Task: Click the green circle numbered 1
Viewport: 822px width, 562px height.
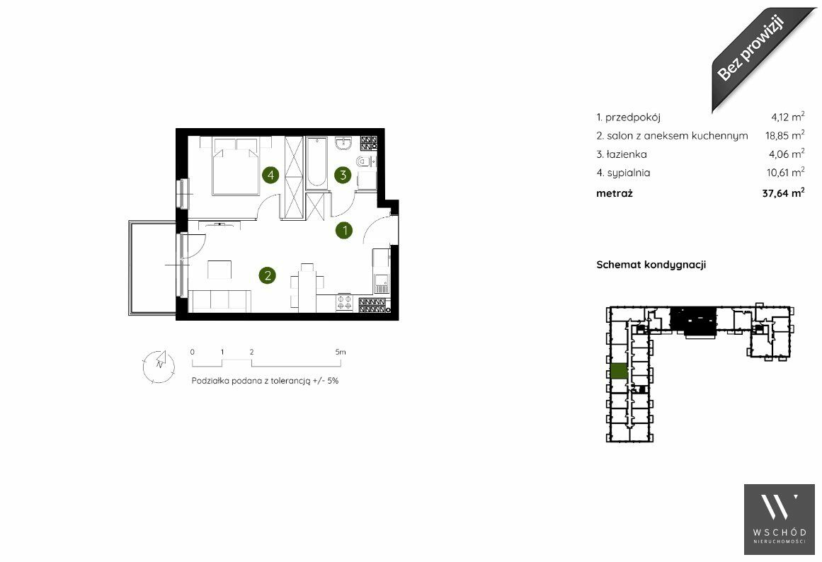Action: [x=344, y=230]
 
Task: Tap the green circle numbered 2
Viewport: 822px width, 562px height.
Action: [x=268, y=275]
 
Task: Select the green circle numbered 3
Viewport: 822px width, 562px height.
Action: [x=343, y=175]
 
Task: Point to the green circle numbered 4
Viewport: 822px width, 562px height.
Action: [x=270, y=175]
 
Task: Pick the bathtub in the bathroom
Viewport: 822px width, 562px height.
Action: [x=316, y=163]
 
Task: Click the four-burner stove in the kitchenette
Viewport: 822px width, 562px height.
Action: [x=344, y=303]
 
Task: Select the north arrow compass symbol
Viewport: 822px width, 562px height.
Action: [x=159, y=365]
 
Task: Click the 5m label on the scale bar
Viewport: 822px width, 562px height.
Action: [x=341, y=352]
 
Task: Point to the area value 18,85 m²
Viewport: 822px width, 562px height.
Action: [x=784, y=134]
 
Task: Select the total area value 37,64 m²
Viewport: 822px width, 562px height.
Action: [x=783, y=193]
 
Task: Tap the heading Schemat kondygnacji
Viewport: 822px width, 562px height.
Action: [x=651, y=265]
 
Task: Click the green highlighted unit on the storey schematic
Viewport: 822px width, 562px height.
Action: [x=620, y=371]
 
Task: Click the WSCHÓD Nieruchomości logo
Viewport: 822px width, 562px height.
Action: [x=780, y=520]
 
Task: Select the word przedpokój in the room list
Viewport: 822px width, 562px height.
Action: [x=633, y=117]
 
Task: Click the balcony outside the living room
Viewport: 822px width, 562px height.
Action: [x=152, y=268]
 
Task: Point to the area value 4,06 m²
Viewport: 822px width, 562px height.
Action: [x=787, y=154]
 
